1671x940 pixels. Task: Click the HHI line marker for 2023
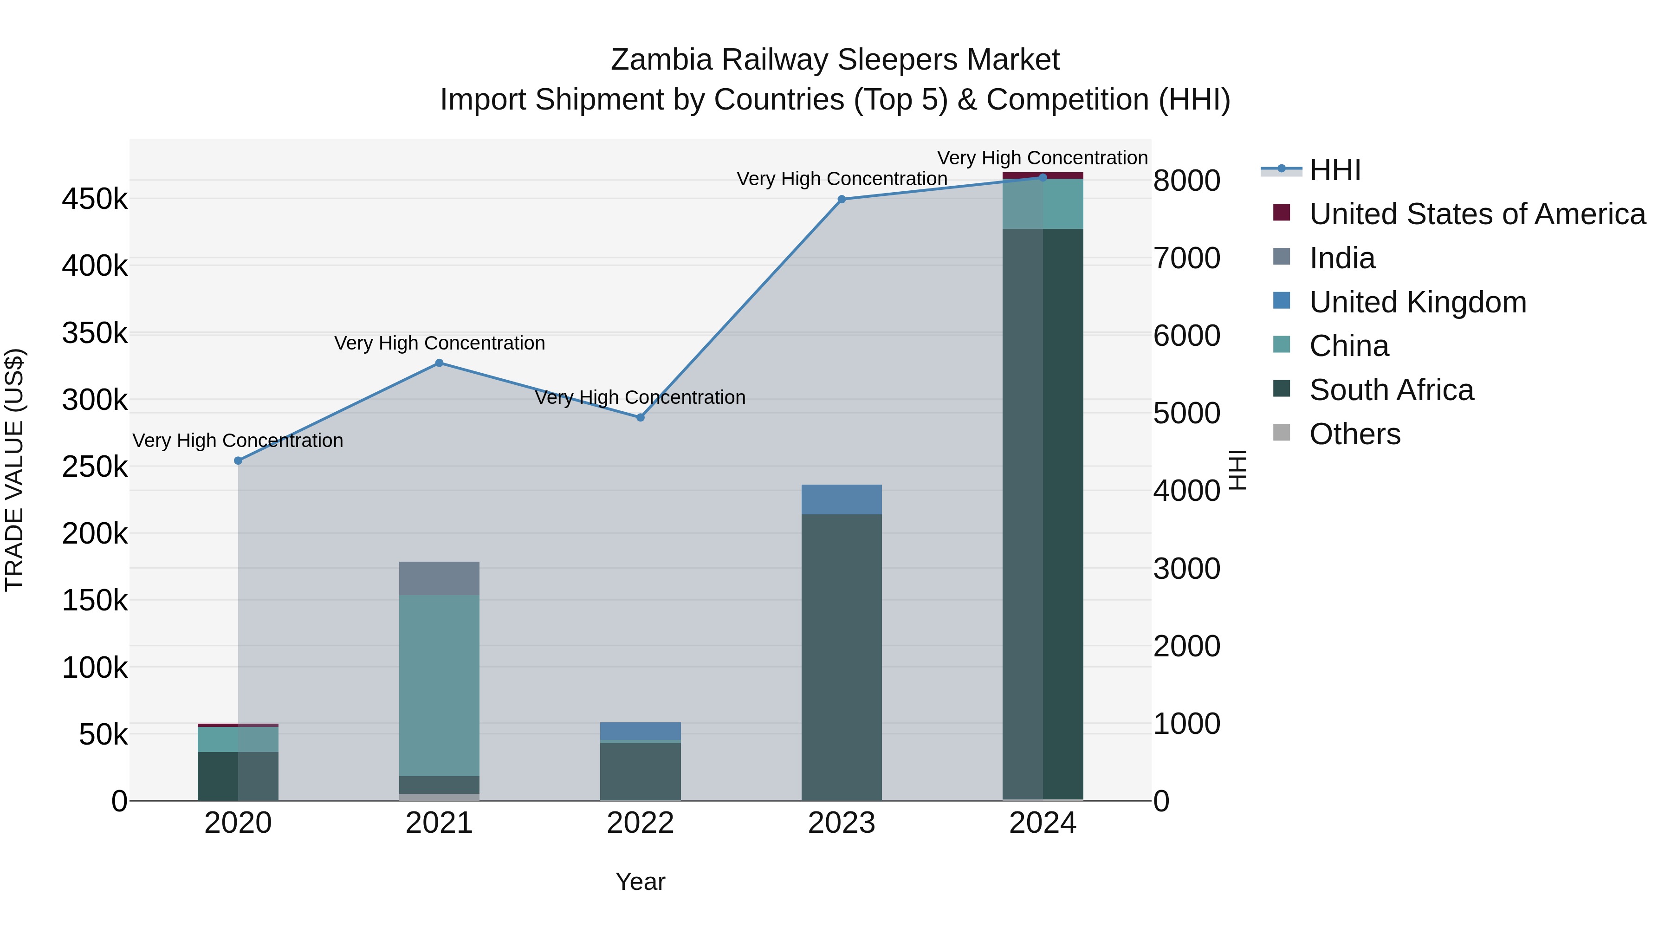842,199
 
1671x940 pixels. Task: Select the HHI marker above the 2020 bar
238,460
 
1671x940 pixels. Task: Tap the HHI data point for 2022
640,417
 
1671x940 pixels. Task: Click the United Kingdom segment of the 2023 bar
842,499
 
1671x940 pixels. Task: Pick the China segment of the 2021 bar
439,684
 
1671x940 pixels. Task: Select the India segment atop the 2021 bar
439,578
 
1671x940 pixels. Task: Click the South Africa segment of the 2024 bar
1043,512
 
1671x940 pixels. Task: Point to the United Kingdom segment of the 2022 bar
640,731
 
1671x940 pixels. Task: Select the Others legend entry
1354,434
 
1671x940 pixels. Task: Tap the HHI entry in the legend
1334,170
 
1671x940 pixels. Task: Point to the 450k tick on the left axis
95,199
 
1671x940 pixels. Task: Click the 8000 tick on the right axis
1186,181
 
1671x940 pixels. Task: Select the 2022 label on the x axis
640,823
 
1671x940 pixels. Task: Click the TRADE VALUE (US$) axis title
14,470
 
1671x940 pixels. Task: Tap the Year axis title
640,882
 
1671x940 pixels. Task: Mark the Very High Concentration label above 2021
439,343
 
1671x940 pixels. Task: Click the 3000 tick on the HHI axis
1186,569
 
